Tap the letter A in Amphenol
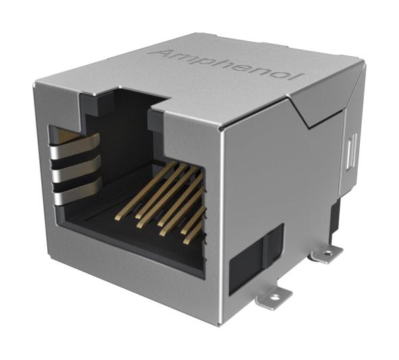[x=163, y=53]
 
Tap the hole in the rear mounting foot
[x=328, y=254]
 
